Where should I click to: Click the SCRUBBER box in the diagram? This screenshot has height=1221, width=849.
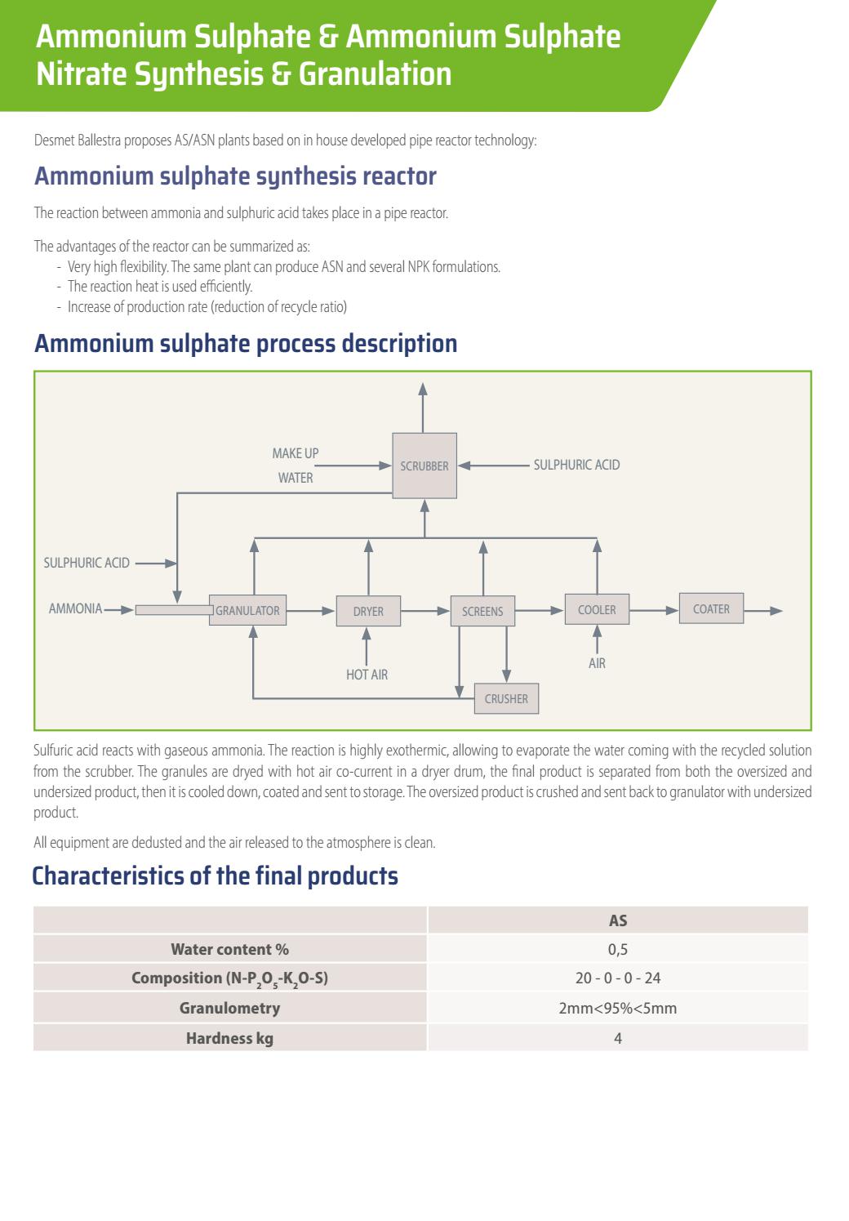pyautogui.click(x=424, y=466)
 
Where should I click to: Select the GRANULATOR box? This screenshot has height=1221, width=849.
pyautogui.click(x=247, y=610)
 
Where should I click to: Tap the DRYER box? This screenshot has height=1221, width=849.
pyautogui.click(x=368, y=611)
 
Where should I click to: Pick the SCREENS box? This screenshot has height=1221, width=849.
pyautogui.click(x=482, y=611)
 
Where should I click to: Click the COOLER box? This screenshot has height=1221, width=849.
pyautogui.click(x=597, y=609)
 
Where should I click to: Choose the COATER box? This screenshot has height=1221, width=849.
pyautogui.click(x=711, y=608)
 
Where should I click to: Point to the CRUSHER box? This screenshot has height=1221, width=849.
pyautogui.click(x=506, y=698)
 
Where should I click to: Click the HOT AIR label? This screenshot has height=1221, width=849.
pyautogui.click(x=367, y=675)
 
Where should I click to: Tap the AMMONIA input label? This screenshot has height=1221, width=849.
pyautogui.click(x=75, y=608)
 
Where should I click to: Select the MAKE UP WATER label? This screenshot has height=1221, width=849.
pyautogui.click(x=296, y=466)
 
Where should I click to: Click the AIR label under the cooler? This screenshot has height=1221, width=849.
pyautogui.click(x=597, y=663)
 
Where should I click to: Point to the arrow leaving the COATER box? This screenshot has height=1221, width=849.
pyautogui.click(x=763, y=610)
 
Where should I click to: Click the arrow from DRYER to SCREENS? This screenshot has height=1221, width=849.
pyautogui.click(x=425, y=610)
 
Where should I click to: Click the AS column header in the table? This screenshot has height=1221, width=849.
pyautogui.click(x=618, y=920)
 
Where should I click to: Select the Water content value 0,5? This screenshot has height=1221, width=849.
pyautogui.click(x=618, y=949)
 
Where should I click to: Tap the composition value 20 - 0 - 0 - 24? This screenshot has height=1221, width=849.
pyautogui.click(x=618, y=978)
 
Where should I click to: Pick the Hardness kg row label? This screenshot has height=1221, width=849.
pyautogui.click(x=229, y=1038)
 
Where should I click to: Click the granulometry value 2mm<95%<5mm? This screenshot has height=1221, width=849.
pyautogui.click(x=618, y=1008)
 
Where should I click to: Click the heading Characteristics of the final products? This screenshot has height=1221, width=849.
pyautogui.click(x=215, y=876)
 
